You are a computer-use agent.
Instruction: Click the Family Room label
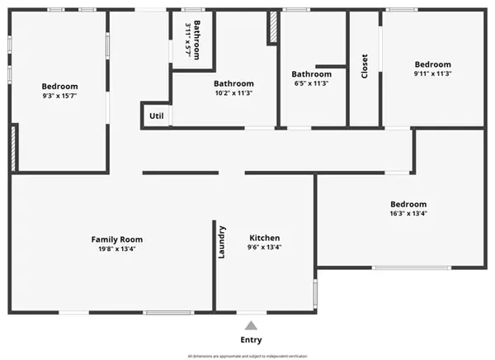[x=116, y=239]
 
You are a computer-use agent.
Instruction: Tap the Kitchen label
[x=264, y=238]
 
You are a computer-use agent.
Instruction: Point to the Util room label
[x=156, y=116]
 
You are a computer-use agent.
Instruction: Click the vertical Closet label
[x=365, y=66]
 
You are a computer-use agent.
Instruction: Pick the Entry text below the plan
[x=252, y=339]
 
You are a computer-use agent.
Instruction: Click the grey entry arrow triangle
[x=252, y=324]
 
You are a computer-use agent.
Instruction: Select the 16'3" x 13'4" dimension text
[x=408, y=214]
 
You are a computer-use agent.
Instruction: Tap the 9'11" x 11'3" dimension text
[x=432, y=73]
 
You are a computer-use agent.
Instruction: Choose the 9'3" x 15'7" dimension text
[x=59, y=96]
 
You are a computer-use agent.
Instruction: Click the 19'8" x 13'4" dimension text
[x=116, y=249]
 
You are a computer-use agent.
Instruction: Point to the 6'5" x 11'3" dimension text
[x=311, y=83]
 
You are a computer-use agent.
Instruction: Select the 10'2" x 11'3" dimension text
[x=233, y=92]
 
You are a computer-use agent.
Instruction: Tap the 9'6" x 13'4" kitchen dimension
[x=264, y=248]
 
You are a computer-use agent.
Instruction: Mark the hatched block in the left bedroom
[x=13, y=149]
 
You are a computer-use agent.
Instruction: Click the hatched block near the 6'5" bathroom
[x=271, y=28]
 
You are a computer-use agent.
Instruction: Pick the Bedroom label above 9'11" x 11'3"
[x=432, y=64]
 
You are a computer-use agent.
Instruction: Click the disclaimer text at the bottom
[x=247, y=356]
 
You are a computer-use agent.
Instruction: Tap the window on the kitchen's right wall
[x=314, y=293]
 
